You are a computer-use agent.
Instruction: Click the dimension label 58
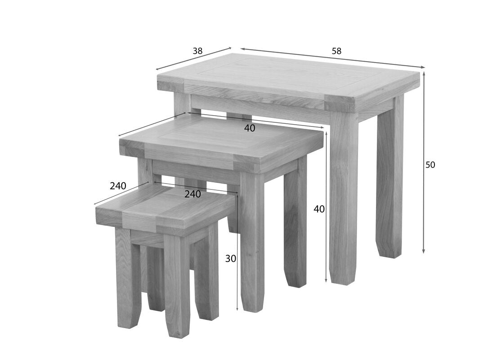(x=336, y=51)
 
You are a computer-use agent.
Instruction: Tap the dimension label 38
(x=197, y=51)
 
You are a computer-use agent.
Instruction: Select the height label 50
(x=430, y=165)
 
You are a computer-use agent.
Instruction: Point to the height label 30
(x=230, y=259)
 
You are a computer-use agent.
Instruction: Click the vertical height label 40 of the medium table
(x=319, y=209)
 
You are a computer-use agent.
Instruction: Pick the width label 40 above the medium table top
(x=250, y=128)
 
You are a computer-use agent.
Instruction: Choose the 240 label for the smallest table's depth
(x=118, y=186)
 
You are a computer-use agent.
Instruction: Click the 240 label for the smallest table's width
(x=193, y=194)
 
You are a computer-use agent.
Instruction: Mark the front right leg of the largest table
(x=344, y=198)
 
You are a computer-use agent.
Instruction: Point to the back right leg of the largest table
(x=390, y=180)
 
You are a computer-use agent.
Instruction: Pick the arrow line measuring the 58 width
(x=333, y=58)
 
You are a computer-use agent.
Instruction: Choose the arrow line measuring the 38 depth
(x=193, y=59)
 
